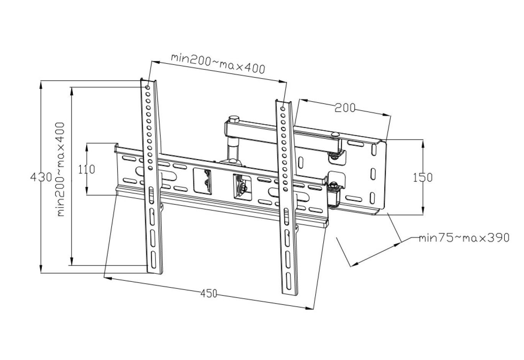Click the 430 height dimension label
pos(41,177)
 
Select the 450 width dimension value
pos(209,294)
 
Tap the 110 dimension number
pos(87,169)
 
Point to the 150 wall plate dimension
pos(423,177)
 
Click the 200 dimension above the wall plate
pos(345,108)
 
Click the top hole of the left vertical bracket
pos(148,87)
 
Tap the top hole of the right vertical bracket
pos(283,109)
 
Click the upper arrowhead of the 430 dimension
pos(41,84)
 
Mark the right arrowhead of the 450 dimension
pos(311,307)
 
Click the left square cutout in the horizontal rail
pos(203,181)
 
